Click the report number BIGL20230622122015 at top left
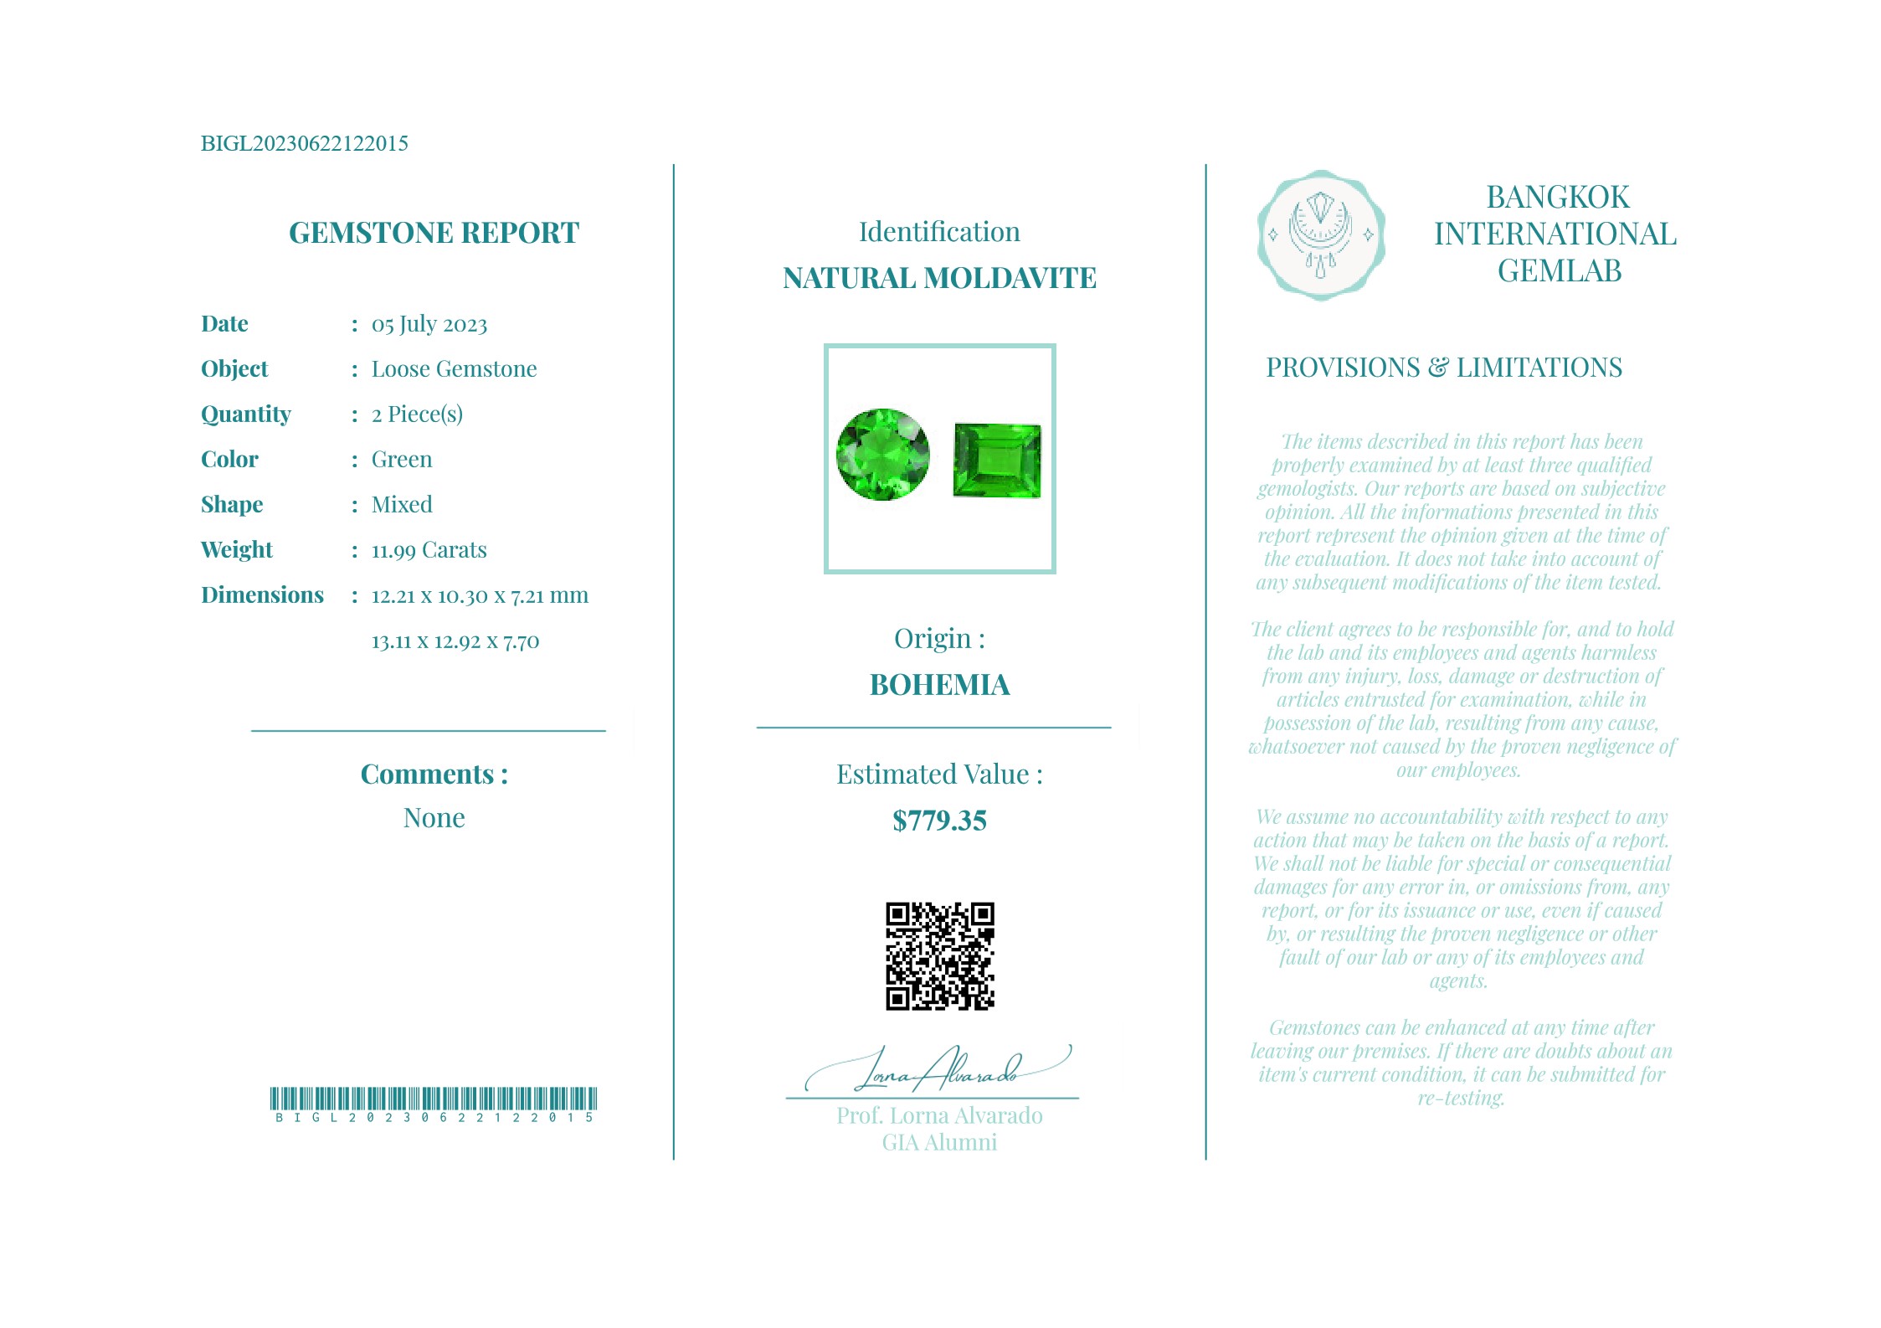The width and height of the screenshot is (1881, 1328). (x=304, y=143)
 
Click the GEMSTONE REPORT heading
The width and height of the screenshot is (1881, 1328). (x=434, y=233)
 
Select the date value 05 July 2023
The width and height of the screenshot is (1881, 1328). (x=429, y=324)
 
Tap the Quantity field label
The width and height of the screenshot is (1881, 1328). (x=245, y=414)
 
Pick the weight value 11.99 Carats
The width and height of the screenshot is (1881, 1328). (x=429, y=550)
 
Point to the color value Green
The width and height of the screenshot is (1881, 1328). (x=402, y=460)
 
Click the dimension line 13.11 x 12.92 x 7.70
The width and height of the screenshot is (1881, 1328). (x=455, y=641)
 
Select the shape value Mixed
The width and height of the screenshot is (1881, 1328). (x=402, y=505)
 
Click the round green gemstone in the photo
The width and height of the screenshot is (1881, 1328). (x=882, y=455)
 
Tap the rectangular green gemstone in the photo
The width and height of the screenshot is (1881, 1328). (x=997, y=461)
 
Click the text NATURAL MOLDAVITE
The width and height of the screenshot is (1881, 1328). (x=939, y=278)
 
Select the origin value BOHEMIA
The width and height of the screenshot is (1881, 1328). (x=939, y=685)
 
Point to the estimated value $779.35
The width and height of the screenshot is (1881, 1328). (x=939, y=821)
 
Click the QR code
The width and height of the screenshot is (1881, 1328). (x=939, y=956)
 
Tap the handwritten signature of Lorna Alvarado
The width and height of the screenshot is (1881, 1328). (x=938, y=1070)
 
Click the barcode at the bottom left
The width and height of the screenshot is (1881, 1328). (x=433, y=1099)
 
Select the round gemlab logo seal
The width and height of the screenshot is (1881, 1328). (x=1320, y=235)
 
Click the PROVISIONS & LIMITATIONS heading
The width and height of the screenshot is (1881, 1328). (x=1443, y=368)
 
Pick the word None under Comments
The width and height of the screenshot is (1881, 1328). (x=434, y=818)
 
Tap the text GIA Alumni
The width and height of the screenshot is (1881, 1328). (x=939, y=1143)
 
